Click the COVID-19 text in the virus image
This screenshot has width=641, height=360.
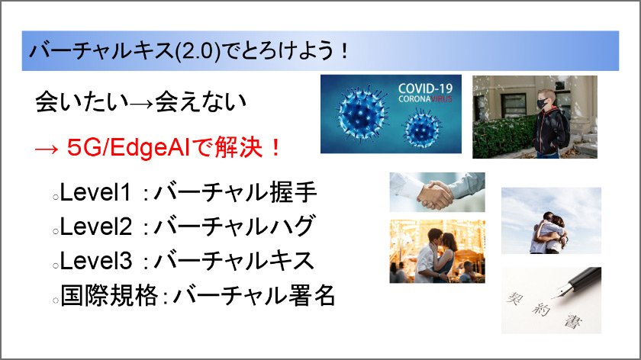click(x=426, y=88)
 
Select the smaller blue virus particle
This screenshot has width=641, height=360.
click(x=422, y=128)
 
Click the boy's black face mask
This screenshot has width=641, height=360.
click(x=543, y=104)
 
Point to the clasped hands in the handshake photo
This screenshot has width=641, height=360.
click(x=436, y=194)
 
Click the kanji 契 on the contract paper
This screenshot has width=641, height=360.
click(x=514, y=298)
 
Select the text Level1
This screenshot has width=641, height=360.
click(x=96, y=192)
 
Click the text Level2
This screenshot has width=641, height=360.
click(x=96, y=226)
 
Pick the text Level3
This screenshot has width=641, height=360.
click(x=96, y=260)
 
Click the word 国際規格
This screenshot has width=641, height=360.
click(x=109, y=295)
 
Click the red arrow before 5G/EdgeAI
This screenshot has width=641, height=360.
click(x=47, y=149)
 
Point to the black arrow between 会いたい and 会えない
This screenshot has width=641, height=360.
click(x=142, y=104)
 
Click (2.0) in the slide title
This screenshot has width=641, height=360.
click(x=198, y=52)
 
